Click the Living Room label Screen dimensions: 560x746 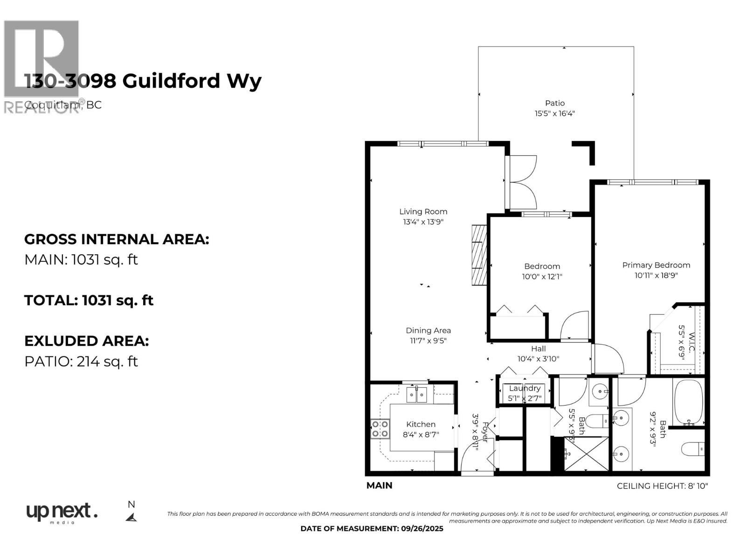click(423, 211)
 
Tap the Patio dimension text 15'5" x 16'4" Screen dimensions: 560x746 click(554, 113)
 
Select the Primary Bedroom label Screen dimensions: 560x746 click(656, 265)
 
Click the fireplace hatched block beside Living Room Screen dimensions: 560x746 click(479, 255)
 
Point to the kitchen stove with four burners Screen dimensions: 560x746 click(380, 429)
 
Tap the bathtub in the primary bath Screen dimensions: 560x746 click(688, 402)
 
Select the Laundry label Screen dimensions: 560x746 click(525, 388)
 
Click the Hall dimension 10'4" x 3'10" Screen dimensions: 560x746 click(538, 359)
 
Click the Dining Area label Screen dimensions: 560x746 click(428, 330)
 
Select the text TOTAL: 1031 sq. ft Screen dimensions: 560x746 click(89, 300)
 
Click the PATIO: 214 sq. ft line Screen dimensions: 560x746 click(81, 361)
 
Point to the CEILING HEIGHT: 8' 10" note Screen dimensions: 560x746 click(662, 486)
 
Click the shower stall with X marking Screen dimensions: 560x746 click(586, 454)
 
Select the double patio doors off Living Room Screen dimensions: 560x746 click(521, 182)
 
